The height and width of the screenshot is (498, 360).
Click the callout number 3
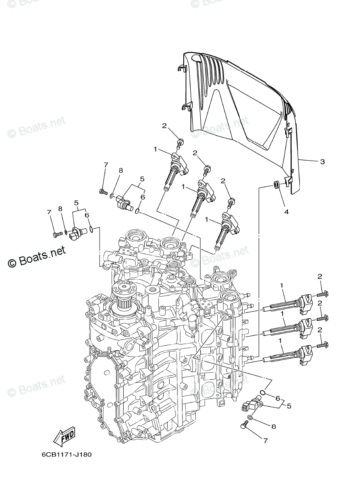pyautogui.click(x=322, y=161)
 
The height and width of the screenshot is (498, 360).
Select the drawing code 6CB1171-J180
pyautogui.click(x=66, y=454)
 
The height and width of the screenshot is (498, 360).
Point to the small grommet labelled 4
pyautogui.click(x=275, y=185)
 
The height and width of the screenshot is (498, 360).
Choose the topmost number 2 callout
pyautogui.click(x=165, y=125)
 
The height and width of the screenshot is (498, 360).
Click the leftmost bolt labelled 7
pyautogui.click(x=56, y=234)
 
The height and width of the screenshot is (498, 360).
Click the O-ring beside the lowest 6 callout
pyautogui.click(x=263, y=393)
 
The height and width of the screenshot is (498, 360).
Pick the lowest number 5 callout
pyautogui.click(x=289, y=405)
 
